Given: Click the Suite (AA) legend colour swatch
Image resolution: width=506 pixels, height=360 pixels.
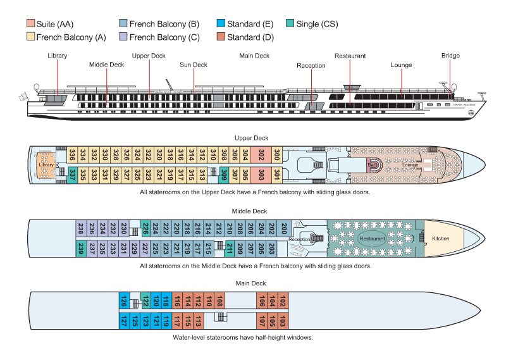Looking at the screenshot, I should coord(30,24).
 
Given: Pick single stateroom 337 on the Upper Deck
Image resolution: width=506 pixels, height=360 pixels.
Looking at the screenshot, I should coord(73,173).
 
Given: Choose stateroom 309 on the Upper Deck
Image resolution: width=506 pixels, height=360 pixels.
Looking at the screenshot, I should coord(224,173).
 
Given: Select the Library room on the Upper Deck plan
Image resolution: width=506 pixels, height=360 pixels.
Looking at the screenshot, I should coord(46,164).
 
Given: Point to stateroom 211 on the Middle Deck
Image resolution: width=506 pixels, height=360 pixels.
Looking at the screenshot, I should coord(230,247).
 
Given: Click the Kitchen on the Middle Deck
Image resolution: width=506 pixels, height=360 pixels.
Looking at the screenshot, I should coord(440,239).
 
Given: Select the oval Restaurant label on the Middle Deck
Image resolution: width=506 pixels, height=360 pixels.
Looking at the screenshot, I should coord(372,239).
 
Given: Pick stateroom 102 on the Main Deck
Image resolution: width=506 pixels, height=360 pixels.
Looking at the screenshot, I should coord(283,301).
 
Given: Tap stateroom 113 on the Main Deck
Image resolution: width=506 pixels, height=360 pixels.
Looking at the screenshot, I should coord(199,321).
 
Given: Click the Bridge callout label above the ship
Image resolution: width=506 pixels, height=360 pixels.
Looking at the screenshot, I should coord(450,56).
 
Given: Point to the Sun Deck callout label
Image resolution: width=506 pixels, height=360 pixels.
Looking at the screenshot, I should coord(194,65).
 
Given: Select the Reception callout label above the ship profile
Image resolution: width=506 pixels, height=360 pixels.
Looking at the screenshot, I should coord(311,65).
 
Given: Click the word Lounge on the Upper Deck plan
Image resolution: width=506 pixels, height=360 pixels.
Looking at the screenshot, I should coord(410,164).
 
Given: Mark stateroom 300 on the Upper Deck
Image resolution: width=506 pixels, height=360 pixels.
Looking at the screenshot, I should coord(276,155).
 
